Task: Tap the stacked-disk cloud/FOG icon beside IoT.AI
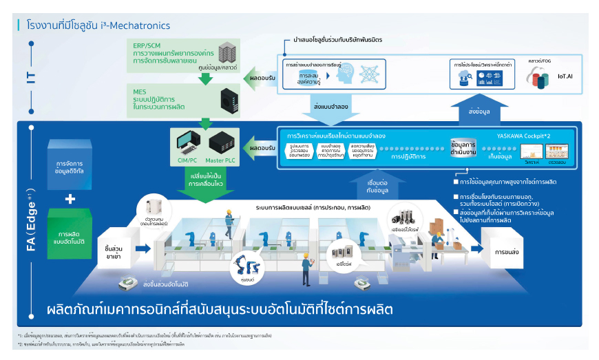pos(537,77)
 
